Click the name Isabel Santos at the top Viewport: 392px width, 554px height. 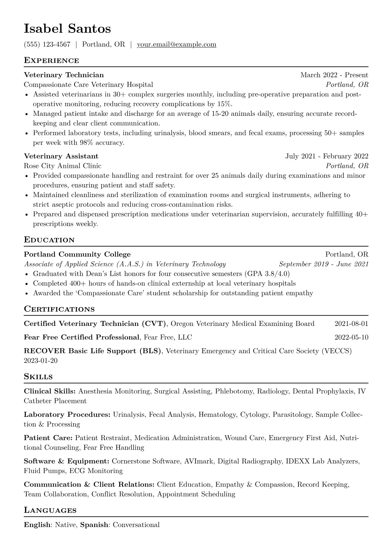(x=67, y=29)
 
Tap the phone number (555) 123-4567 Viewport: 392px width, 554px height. (x=47, y=44)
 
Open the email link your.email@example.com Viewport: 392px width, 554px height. (x=177, y=44)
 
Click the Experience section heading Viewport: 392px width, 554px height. (x=51, y=61)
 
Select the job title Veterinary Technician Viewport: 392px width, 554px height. (x=64, y=75)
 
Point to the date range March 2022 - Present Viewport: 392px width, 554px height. (x=334, y=75)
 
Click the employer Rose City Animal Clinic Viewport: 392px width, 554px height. (x=63, y=166)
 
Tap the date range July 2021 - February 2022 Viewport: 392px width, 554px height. (x=327, y=156)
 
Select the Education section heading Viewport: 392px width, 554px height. (x=49, y=240)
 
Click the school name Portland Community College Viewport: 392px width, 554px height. (x=77, y=254)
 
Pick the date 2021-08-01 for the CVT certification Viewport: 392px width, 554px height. (x=351, y=324)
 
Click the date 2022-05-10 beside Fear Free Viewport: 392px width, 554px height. (x=351, y=337)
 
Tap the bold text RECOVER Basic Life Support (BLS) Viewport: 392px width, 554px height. (x=93, y=351)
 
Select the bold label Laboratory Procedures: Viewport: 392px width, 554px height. (x=67, y=415)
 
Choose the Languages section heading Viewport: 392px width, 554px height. (x=50, y=511)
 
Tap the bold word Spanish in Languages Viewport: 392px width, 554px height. (x=94, y=525)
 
